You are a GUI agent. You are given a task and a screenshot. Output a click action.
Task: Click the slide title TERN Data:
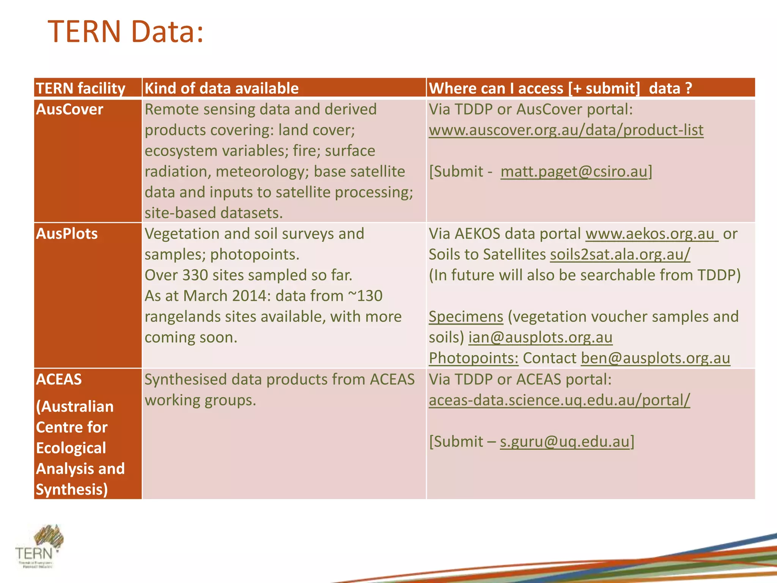pos(126,32)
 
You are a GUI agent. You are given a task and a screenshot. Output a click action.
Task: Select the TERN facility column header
pos(80,88)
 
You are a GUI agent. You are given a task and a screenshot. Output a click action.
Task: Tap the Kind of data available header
pos(222,88)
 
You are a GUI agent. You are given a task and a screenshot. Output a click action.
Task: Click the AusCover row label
pos(69,109)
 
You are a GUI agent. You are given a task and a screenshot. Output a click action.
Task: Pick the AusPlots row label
pos(67,233)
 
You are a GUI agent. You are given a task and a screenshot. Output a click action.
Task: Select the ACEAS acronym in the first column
pos(59,379)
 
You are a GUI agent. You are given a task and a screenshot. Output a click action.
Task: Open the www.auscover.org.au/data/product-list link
pos(566,130)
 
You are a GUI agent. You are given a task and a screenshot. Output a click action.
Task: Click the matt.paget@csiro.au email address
pos(573,172)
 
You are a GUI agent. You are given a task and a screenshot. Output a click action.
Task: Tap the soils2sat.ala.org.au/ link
pos(620,254)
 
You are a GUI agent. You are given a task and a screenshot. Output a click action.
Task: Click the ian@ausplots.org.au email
pos(540,337)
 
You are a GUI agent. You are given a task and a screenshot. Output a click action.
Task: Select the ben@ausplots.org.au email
pos(655,358)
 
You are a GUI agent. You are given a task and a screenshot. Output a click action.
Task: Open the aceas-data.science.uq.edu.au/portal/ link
pos(559,400)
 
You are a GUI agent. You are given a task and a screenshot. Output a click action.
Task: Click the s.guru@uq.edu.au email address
pos(564,441)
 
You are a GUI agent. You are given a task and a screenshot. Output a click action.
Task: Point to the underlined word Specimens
pos(466,317)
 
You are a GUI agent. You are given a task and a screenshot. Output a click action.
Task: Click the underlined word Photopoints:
pos(473,358)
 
